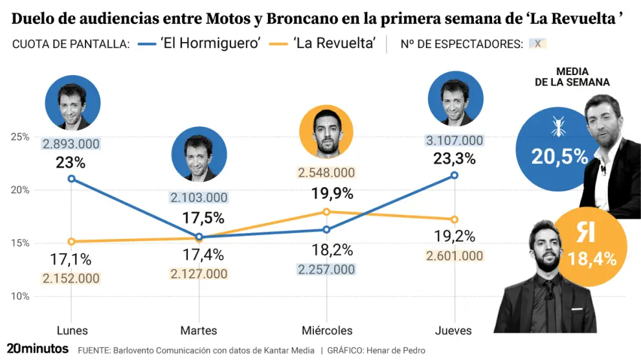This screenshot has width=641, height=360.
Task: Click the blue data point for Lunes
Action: tap(71, 179)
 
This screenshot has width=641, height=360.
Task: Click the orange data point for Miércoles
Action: tap(326, 212)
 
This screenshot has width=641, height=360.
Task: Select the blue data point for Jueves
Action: tap(454, 175)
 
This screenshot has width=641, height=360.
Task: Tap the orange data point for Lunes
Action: tap(71, 242)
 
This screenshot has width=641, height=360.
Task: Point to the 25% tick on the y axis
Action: tap(20, 137)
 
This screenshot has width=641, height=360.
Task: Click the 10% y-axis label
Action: tap(20, 297)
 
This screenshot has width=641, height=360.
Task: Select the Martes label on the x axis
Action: tap(199, 330)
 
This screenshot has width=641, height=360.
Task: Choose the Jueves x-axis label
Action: tap(453, 330)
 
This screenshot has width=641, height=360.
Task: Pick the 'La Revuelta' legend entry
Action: tap(333, 44)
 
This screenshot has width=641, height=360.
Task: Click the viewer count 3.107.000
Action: tap(454, 141)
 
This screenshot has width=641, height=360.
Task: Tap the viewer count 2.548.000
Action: tap(326, 173)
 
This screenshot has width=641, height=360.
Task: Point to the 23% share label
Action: tap(71, 162)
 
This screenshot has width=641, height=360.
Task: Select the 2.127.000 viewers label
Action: tap(199, 274)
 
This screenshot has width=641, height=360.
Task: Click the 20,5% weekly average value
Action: tap(559, 156)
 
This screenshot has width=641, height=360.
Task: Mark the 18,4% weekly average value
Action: tap(592, 260)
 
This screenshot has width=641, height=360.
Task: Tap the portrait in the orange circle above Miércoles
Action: tap(326, 132)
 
